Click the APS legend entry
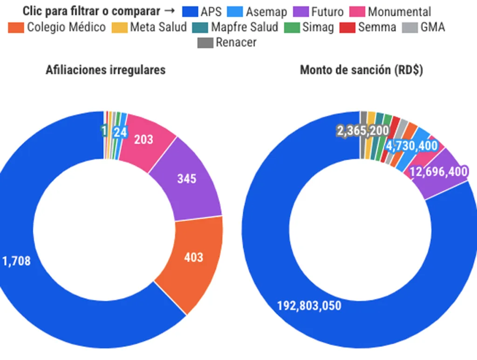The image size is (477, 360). click(x=202, y=12)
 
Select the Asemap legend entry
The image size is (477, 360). click(x=258, y=12)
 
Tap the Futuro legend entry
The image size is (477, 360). click(x=320, y=12)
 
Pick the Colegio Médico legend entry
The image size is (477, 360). click(x=58, y=27)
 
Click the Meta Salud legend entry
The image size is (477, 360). click(x=150, y=27)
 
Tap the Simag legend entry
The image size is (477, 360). click(x=310, y=27)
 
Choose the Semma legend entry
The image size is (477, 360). click(x=369, y=27)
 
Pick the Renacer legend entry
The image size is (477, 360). click(x=228, y=42)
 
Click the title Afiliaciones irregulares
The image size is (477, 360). click(x=105, y=70)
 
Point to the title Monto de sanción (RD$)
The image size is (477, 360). click(x=361, y=70)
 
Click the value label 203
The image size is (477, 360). click(x=143, y=139)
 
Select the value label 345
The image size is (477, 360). click(x=187, y=179)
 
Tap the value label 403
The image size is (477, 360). click(x=193, y=257)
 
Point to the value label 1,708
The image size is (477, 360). click(x=17, y=261)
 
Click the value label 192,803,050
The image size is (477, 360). click(x=309, y=306)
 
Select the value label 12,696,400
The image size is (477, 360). click(x=439, y=172)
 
